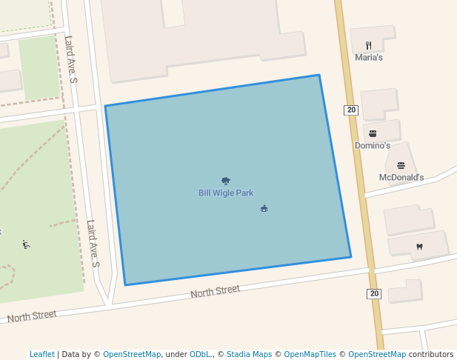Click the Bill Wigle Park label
tap(226, 193)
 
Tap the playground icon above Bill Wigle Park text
tap(226, 181)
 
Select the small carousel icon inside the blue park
tap(264, 209)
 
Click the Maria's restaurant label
tap(369, 57)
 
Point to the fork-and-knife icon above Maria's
tap(369, 46)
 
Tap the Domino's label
tap(373, 145)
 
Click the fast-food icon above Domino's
tap(373, 134)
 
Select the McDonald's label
tap(401, 178)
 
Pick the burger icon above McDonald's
tap(401, 166)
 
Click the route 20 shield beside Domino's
tap(351, 110)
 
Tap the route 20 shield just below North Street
tap(374, 294)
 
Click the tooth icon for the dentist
tap(419, 246)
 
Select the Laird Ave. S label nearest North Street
tap(93, 243)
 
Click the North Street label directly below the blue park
tap(215, 291)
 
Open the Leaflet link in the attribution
tap(42, 354)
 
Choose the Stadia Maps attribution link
tap(249, 354)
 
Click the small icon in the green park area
tap(27, 244)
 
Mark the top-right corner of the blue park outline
tap(319, 75)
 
